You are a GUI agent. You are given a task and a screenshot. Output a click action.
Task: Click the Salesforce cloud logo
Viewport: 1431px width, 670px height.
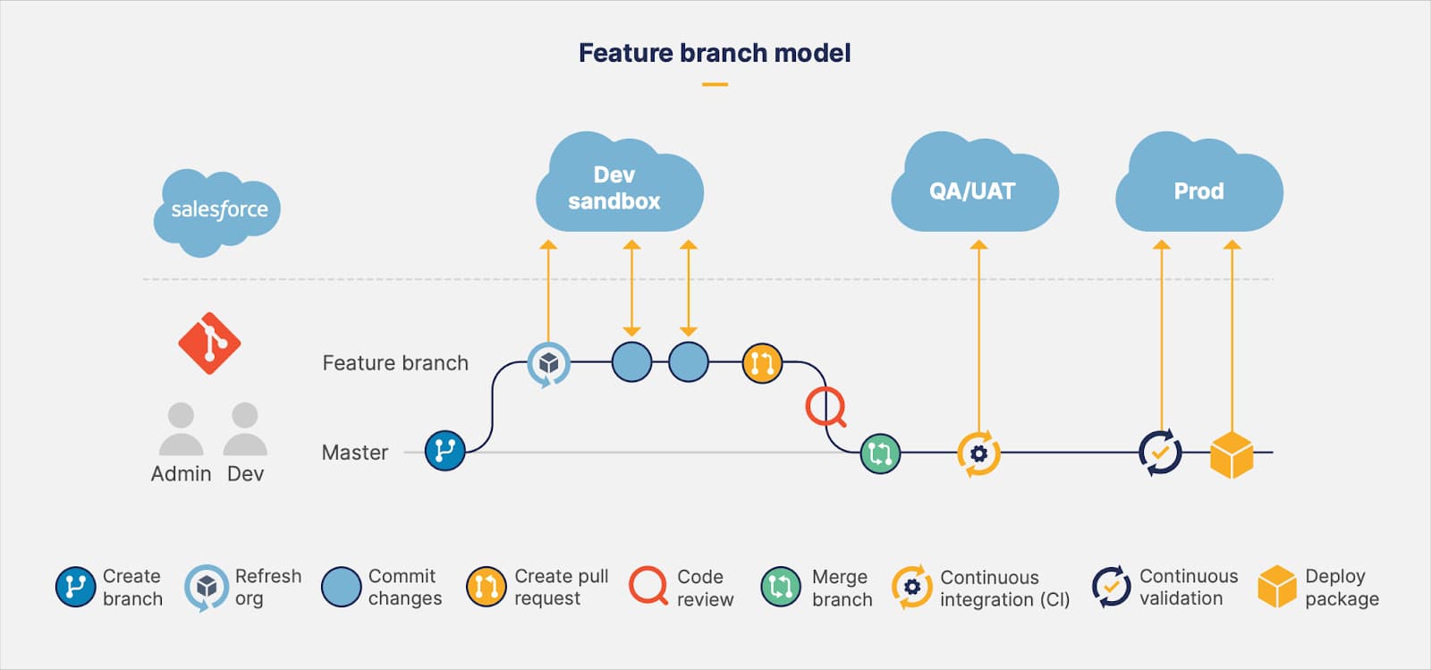(217, 210)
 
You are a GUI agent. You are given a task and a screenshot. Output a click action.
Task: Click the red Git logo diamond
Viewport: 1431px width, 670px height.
(209, 343)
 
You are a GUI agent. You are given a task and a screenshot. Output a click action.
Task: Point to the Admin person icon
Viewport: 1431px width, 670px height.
(181, 429)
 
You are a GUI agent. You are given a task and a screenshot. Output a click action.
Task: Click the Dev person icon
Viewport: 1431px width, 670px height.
(244, 429)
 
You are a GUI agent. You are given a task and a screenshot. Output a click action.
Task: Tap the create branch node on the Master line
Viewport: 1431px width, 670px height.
(445, 451)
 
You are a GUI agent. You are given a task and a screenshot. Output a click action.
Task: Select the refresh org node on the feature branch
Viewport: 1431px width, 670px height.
(548, 363)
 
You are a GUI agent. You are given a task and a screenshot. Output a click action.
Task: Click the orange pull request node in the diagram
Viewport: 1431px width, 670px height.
(762, 363)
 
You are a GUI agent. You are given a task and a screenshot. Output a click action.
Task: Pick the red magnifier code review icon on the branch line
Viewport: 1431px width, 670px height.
(825, 407)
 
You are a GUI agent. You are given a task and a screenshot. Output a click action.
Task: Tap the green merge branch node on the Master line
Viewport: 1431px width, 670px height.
(880, 454)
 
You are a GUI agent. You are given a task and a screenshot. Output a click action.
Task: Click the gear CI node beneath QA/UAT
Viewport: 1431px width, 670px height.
(978, 454)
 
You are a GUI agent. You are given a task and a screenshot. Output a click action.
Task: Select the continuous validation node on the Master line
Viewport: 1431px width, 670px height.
(1160, 453)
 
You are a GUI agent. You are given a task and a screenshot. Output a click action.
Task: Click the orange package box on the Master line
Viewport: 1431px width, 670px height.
(1232, 454)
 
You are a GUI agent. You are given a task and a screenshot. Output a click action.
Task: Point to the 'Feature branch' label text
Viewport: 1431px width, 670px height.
(395, 363)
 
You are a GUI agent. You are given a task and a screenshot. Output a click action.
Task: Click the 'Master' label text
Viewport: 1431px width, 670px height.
(355, 453)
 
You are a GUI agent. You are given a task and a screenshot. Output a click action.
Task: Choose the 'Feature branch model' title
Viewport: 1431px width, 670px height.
(715, 54)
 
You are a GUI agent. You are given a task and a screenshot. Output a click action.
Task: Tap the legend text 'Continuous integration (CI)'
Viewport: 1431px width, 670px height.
(1004, 589)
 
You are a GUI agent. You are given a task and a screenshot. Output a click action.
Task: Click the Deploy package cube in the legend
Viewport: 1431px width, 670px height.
(1276, 587)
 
